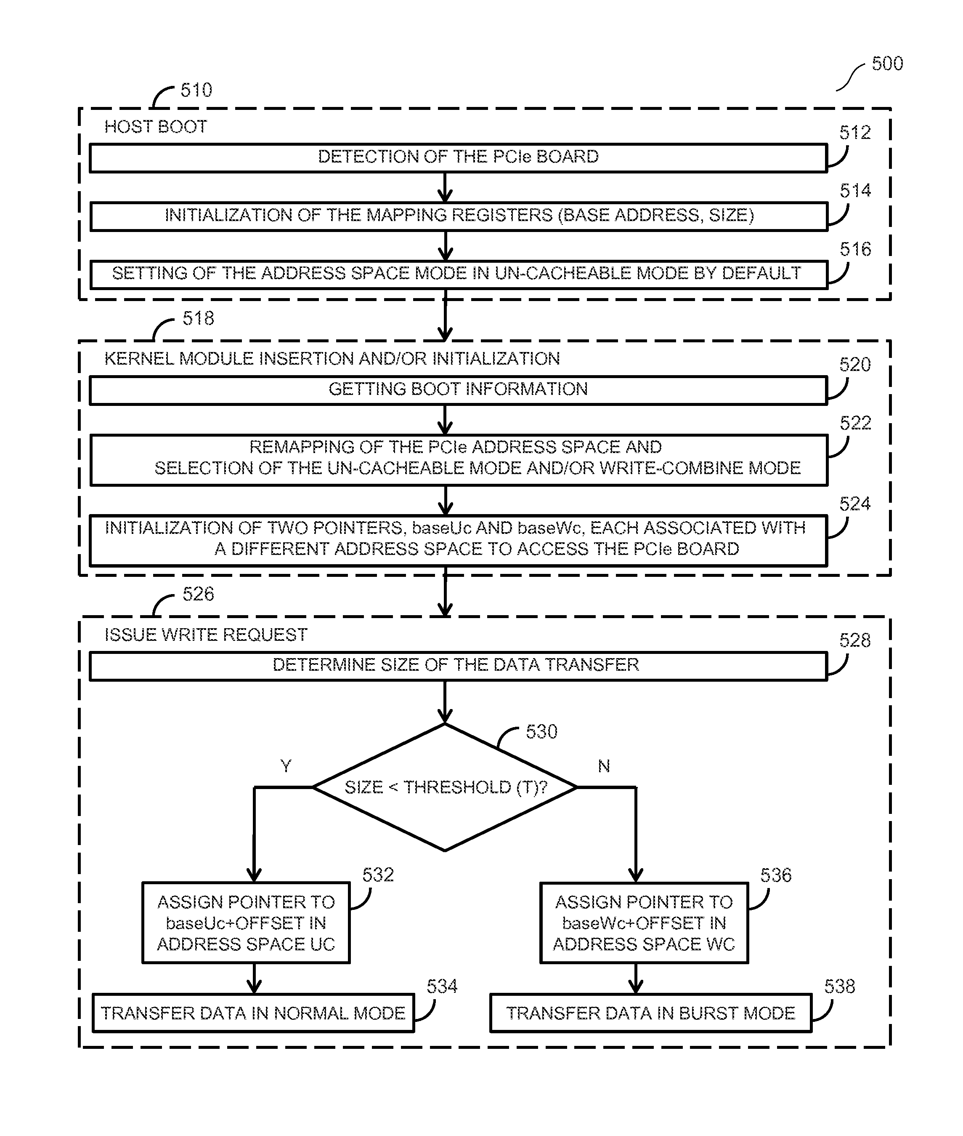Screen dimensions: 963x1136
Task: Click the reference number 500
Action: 887,64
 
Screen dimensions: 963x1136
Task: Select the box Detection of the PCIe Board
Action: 459,158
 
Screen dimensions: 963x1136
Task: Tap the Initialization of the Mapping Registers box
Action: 459,216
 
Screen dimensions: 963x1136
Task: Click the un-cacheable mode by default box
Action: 459,274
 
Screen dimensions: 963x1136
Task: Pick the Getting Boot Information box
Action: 459,390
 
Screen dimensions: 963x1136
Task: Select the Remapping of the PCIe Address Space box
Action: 459,459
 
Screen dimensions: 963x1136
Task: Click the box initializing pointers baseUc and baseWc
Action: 459,540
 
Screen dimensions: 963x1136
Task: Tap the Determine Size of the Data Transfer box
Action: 459,666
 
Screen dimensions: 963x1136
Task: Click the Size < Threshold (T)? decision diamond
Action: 445,787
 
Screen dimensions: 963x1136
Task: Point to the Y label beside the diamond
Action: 286,766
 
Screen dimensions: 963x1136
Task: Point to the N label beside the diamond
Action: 604,766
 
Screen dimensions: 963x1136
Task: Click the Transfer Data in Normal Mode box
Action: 253,1013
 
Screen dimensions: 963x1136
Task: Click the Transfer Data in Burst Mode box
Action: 651,1013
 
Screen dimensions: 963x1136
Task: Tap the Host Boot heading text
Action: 156,127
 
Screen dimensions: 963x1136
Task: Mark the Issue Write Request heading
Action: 206,635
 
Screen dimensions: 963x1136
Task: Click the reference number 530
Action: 541,732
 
